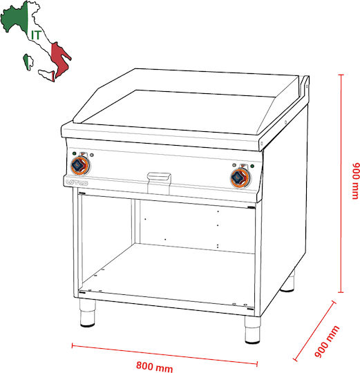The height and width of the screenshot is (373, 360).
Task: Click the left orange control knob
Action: click(x=80, y=166)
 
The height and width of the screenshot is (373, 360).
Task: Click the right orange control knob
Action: click(x=240, y=178)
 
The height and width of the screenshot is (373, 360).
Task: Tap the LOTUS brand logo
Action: click(x=77, y=182)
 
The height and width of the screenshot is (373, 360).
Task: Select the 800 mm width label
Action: click(x=155, y=367)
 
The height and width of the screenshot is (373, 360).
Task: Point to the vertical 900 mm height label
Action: click(x=356, y=181)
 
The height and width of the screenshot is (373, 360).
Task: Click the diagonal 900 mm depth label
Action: click(x=327, y=341)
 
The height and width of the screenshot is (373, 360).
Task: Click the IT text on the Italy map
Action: click(x=36, y=35)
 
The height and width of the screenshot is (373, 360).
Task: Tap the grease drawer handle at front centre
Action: click(x=159, y=178)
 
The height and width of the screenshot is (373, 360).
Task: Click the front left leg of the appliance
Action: click(x=87, y=313)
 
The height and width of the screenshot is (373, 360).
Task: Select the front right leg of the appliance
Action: click(x=252, y=329)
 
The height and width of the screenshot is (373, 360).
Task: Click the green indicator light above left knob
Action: click(x=75, y=153)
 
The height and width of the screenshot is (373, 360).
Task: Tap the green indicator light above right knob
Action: click(x=252, y=166)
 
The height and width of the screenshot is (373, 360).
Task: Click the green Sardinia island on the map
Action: click(x=28, y=62)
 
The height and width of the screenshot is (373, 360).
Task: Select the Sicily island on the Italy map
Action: click(x=47, y=75)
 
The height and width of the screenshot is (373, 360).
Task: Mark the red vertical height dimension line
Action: click(x=341, y=184)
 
